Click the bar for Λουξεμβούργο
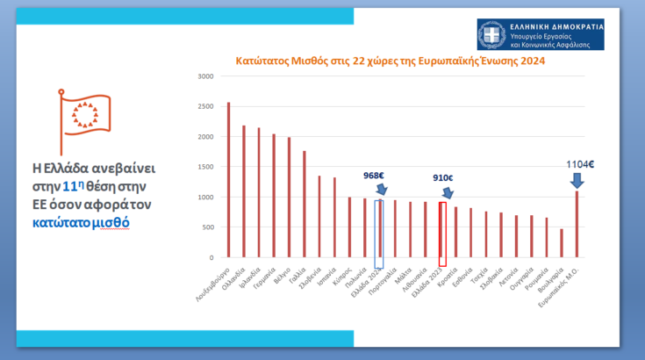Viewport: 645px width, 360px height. (x=228, y=180)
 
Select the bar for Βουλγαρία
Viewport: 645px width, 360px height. (x=561, y=243)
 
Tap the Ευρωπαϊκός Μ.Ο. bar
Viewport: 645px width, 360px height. (x=577, y=224)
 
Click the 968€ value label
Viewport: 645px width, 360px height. (x=375, y=176)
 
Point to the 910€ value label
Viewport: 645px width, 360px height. (x=443, y=177)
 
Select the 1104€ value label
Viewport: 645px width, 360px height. (x=580, y=163)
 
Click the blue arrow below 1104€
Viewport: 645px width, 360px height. (x=577, y=179)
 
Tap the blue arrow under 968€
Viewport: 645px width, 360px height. (x=380, y=189)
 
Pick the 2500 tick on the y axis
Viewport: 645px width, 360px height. (x=206, y=106)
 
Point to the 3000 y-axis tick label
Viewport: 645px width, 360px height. (x=206, y=76)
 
